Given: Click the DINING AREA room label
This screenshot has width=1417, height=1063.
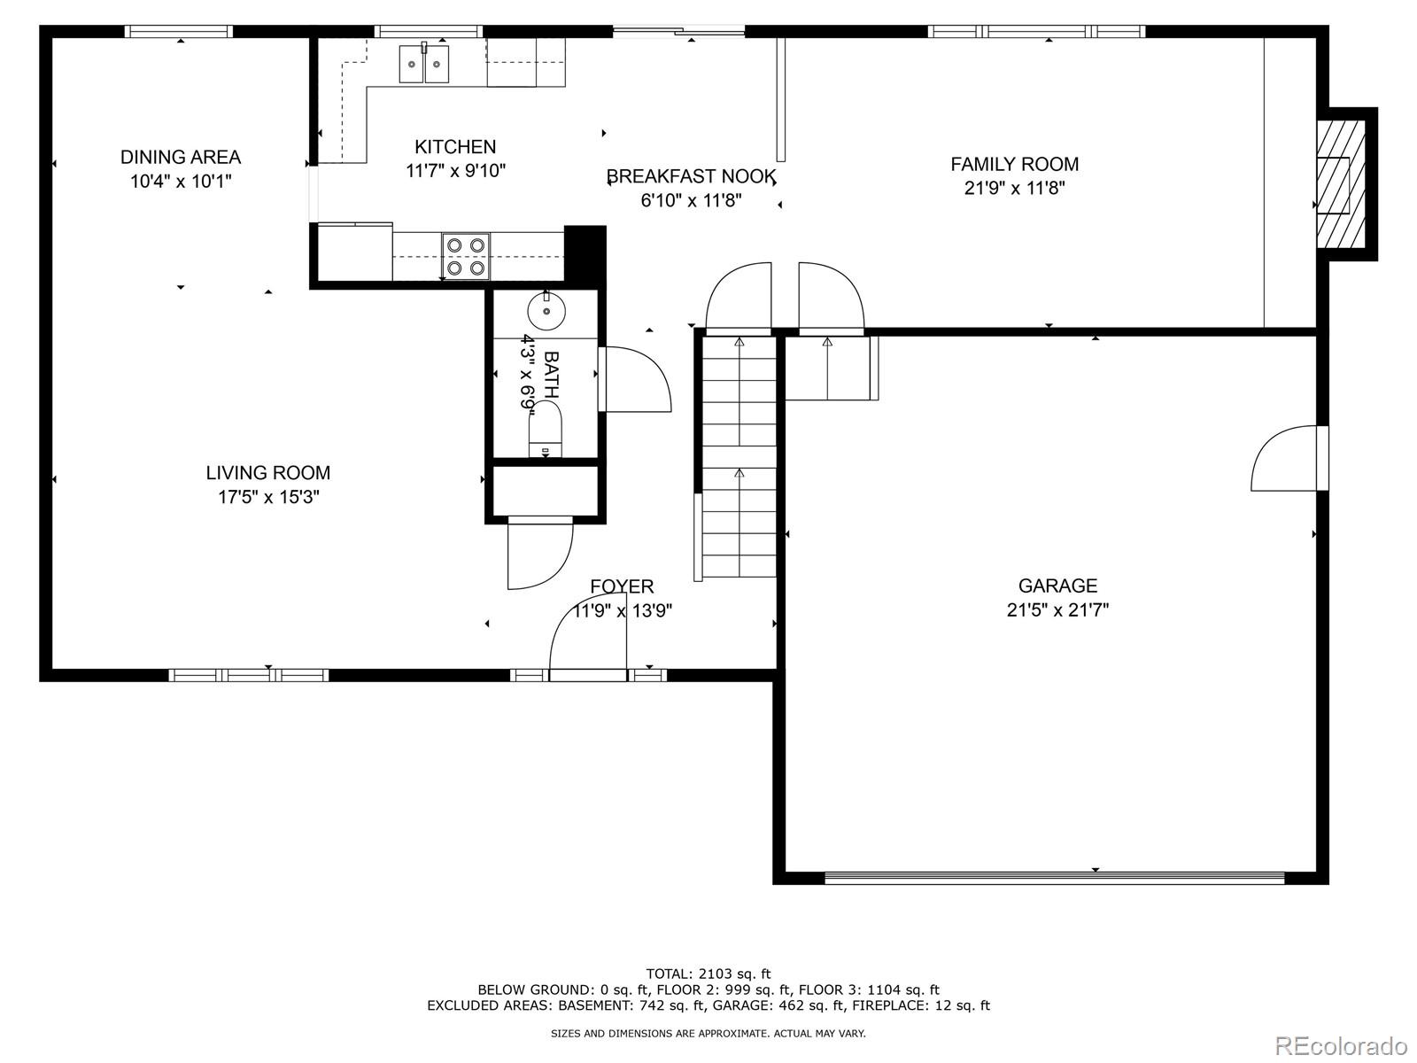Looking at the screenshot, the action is point(181,157).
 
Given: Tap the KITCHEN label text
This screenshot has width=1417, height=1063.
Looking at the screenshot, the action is point(455,146).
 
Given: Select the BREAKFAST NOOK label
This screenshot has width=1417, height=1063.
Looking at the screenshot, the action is point(691,176).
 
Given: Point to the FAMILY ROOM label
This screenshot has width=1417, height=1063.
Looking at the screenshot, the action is point(1014,164).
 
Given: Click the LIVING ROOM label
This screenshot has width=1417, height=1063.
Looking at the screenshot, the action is point(268,472).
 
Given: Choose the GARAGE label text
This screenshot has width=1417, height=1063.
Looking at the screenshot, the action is point(1057,586).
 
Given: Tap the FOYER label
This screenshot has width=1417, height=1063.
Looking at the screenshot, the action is point(622,586).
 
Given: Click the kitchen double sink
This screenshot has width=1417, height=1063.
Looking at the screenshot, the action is point(423,64).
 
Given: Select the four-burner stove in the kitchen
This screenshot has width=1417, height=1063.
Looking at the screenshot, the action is point(466,256).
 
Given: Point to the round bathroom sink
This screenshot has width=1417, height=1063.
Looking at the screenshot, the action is point(546,311).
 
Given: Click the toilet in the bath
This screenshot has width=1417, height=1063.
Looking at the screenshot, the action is point(545,429).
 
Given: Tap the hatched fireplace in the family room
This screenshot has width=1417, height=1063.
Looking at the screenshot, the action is point(1342,184).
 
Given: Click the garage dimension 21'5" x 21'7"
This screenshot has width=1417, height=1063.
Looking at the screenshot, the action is point(1057,610).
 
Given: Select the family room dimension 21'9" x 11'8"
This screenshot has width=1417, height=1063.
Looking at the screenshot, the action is point(1014,188).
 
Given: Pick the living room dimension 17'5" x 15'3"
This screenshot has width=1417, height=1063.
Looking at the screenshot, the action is point(268,497).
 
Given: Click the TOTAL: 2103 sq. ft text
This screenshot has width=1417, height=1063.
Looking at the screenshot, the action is point(708,974).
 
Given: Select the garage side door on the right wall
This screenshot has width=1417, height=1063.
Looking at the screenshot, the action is point(1289,458).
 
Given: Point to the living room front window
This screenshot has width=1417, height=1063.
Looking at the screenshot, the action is point(249,675).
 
